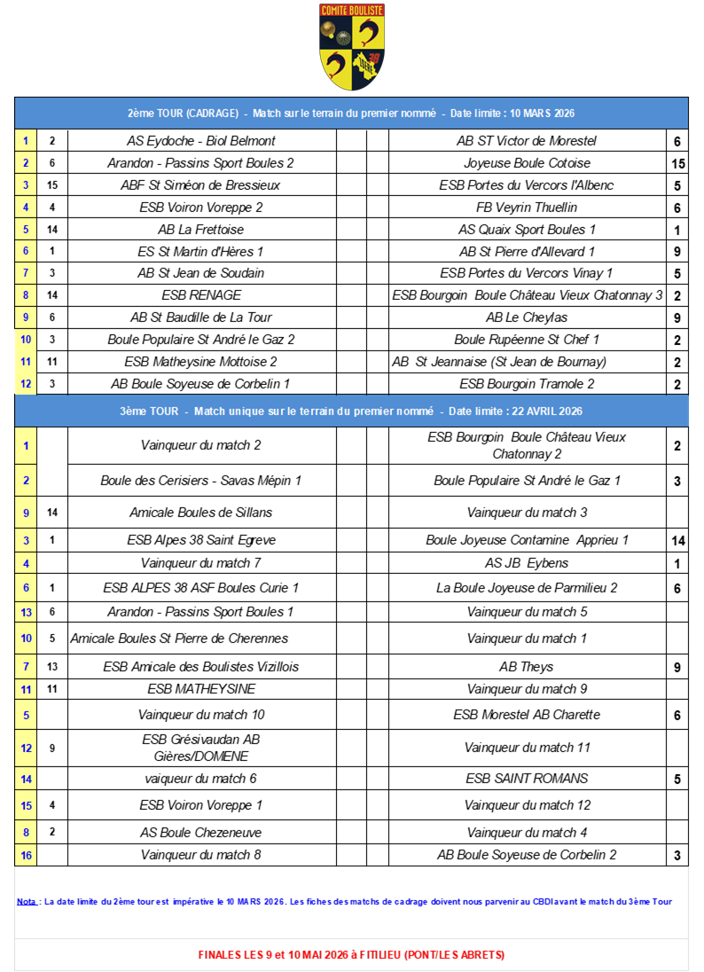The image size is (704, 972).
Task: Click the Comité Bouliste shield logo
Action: (351, 46)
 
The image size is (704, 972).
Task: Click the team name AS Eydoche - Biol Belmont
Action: (201, 141)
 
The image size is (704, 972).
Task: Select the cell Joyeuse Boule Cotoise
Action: (527, 163)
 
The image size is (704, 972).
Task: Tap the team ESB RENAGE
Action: (201, 295)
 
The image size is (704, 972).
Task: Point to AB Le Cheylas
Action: (527, 317)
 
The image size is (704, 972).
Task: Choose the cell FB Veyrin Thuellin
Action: (527, 208)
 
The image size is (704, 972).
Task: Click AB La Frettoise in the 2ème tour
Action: (201, 230)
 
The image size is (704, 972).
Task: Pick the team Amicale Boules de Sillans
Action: (201, 513)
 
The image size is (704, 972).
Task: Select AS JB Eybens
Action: (527, 563)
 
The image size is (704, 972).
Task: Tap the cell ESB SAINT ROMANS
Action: (527, 779)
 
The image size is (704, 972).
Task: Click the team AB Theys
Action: (527, 667)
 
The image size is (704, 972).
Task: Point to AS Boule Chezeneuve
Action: (201, 833)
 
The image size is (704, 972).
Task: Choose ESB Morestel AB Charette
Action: (527, 715)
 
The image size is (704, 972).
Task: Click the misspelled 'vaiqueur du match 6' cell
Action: (201, 779)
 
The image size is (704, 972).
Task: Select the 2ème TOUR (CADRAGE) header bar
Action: (351, 114)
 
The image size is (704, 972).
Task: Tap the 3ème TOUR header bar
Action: (351, 412)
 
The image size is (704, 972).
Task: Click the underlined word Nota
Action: (27, 902)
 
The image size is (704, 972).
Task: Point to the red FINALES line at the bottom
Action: (351, 955)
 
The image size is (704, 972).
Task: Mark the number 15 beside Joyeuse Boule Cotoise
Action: (677, 163)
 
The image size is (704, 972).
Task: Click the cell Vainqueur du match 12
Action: (527, 805)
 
